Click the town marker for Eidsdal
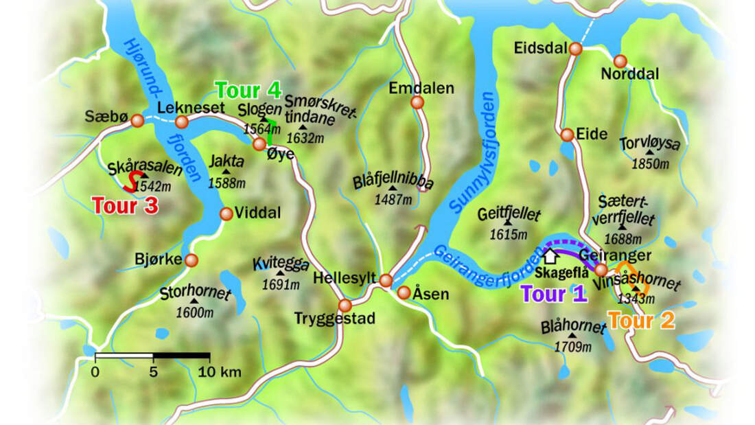(575, 49)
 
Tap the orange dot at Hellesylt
(386, 280)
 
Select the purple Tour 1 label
(554, 294)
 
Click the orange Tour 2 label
(641, 320)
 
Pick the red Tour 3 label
(125, 205)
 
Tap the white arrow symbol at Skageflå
(549, 256)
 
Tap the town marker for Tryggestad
(345, 305)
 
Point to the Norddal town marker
(620, 61)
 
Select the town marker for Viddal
(226, 214)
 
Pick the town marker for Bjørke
(191, 260)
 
